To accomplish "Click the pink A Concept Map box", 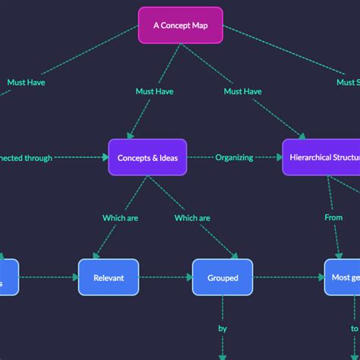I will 180,25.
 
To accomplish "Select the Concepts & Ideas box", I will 147,157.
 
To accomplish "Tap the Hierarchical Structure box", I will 321,157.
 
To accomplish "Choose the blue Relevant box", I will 109,277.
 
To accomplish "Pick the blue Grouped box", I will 223,277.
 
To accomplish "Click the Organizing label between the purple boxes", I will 234,157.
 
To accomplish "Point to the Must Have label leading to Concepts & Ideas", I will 154,91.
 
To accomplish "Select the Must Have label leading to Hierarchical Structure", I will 242,91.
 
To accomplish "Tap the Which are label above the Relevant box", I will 120,218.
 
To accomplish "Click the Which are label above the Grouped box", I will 192,218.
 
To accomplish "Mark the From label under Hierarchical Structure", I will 333,217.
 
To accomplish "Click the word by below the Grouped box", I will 223,330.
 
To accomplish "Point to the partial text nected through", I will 27,158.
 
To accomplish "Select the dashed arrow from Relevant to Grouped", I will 165,277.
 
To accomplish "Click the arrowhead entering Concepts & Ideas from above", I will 130,135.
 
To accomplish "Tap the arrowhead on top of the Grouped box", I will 235,255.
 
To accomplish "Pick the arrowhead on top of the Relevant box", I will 95,255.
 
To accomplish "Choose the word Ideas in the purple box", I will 166,157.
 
